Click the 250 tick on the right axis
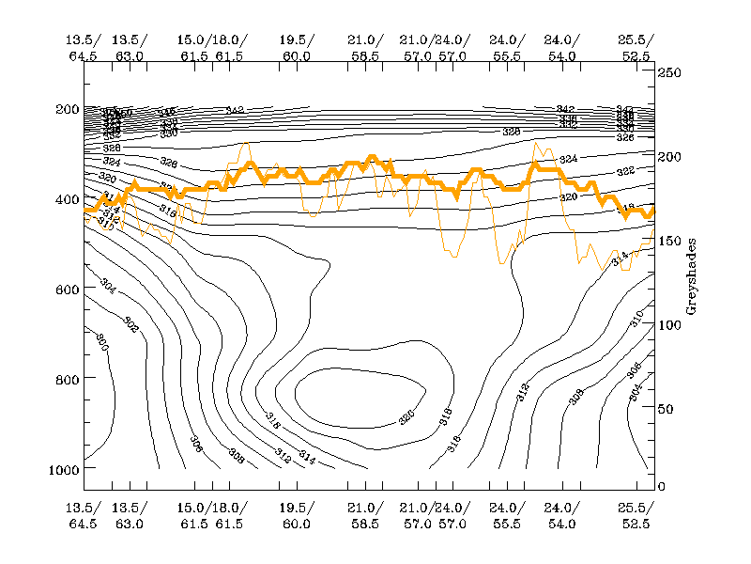(668, 72)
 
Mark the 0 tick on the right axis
(662, 486)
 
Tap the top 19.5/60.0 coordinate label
(296, 48)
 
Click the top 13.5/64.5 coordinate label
(83, 48)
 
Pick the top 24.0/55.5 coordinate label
(507, 48)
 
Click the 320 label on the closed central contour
(407, 415)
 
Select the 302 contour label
(130, 325)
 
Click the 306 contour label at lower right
(634, 369)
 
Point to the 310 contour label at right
(637, 318)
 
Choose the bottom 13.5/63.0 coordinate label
(130, 516)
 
